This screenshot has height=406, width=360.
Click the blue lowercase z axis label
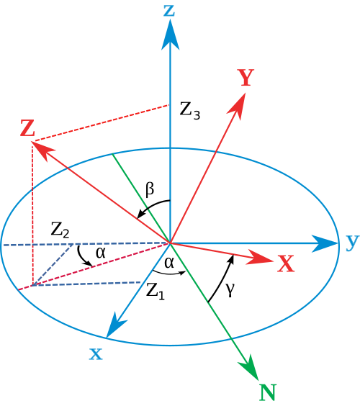click(169, 11)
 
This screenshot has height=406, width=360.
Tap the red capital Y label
click(246, 78)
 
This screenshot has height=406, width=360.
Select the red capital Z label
click(27, 128)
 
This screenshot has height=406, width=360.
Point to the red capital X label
click(286, 263)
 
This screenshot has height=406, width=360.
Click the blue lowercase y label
click(353, 243)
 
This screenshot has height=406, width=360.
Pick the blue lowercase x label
click(96, 354)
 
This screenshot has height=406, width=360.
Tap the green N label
click(268, 392)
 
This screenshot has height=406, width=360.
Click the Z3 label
click(190, 111)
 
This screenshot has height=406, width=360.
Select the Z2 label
click(60, 230)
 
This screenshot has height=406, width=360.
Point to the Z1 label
click(156, 292)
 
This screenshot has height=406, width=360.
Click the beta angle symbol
click(150, 189)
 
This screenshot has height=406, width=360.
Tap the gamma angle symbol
click(230, 289)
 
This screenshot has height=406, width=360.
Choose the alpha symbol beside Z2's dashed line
click(101, 253)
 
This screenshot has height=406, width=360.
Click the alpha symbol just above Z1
click(169, 263)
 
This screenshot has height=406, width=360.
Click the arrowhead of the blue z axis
click(170, 35)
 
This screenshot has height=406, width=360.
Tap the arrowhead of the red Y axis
click(238, 105)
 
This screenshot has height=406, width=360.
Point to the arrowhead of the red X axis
click(260, 258)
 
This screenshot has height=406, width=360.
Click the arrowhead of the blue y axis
click(324, 243)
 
